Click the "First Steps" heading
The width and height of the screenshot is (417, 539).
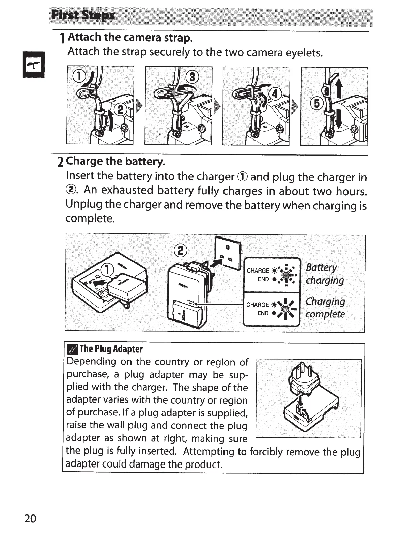coord(83,16)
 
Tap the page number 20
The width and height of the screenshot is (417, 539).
coord(30,519)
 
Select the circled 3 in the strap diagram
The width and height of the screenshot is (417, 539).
coord(192,77)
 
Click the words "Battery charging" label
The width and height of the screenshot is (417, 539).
coord(324,274)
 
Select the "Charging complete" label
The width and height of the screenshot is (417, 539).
coord(325,308)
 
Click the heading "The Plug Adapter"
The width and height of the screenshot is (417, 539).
coord(111,349)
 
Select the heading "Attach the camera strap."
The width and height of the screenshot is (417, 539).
coord(130,37)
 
